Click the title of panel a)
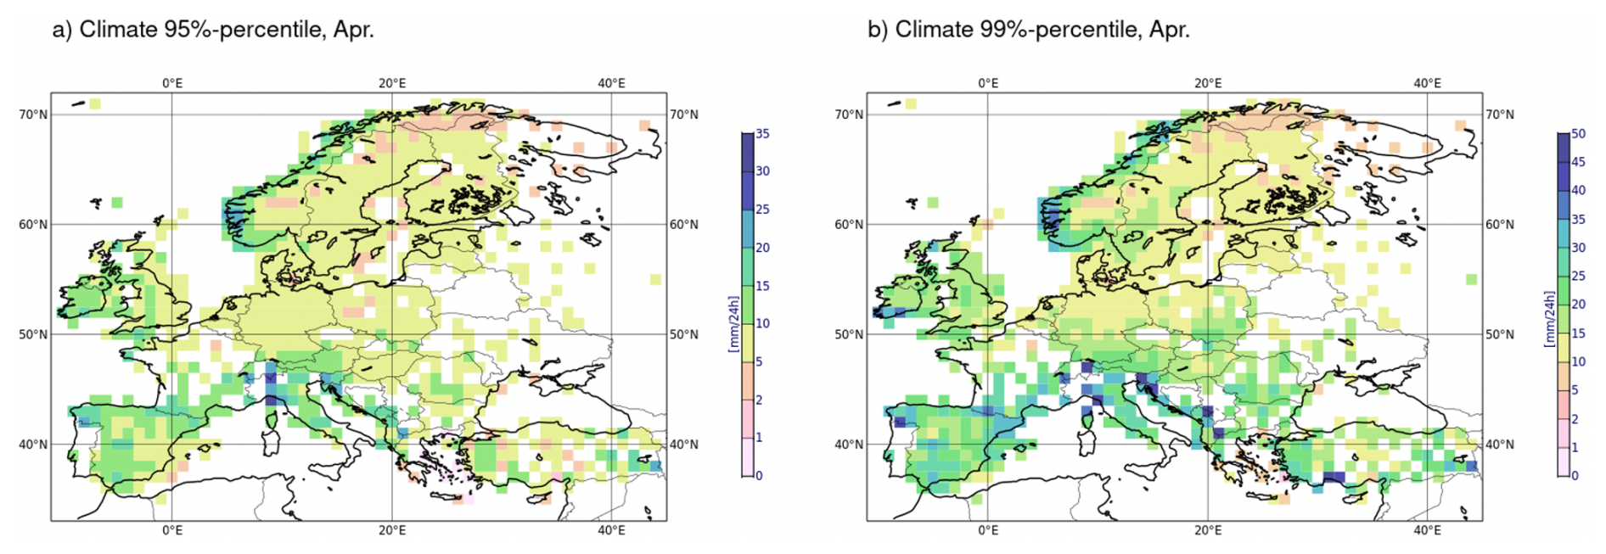(x=213, y=30)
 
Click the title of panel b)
(x=1028, y=30)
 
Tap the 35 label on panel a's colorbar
(x=762, y=134)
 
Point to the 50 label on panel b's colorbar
(x=1578, y=134)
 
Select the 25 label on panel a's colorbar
(x=762, y=210)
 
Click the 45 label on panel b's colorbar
(x=1578, y=162)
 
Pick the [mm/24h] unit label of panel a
(x=734, y=323)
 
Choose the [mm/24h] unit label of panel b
(x=1549, y=319)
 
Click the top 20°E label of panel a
(x=392, y=83)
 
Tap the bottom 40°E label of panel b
(x=1427, y=531)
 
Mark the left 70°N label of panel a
(x=33, y=115)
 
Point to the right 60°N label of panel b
(x=1500, y=225)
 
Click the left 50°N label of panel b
(x=849, y=334)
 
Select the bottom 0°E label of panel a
(x=172, y=531)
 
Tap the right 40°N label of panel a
(x=684, y=445)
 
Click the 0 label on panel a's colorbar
(x=759, y=476)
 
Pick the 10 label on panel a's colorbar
(x=762, y=323)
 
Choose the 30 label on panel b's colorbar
(x=1578, y=248)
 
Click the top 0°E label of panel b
(x=988, y=83)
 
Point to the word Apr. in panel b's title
(x=1169, y=30)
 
